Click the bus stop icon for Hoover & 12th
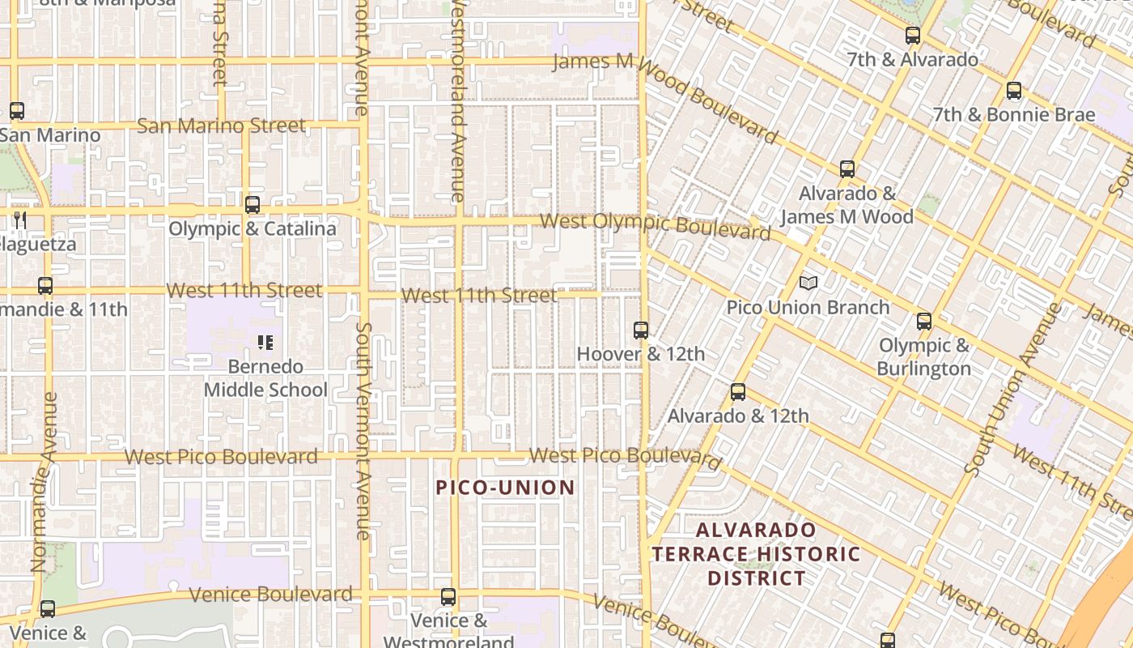pos(641,330)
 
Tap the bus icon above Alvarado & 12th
pos(738,392)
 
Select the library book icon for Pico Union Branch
pos(808,283)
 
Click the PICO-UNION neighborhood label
pos(505,488)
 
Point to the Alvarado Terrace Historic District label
pos(757,554)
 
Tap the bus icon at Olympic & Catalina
pos(252,205)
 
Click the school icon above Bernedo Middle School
pos(265,343)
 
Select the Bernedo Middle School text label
pos(265,378)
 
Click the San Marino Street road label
pos(221,126)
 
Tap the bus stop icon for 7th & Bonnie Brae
pos(1013,91)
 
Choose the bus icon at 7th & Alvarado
pos(913,36)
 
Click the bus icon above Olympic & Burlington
pos(924,322)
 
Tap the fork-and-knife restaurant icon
pos(20,220)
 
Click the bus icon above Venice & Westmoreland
pos(448,597)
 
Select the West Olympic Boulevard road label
pos(656,226)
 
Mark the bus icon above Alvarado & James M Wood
pos(847,169)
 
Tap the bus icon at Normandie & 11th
pos(45,286)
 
